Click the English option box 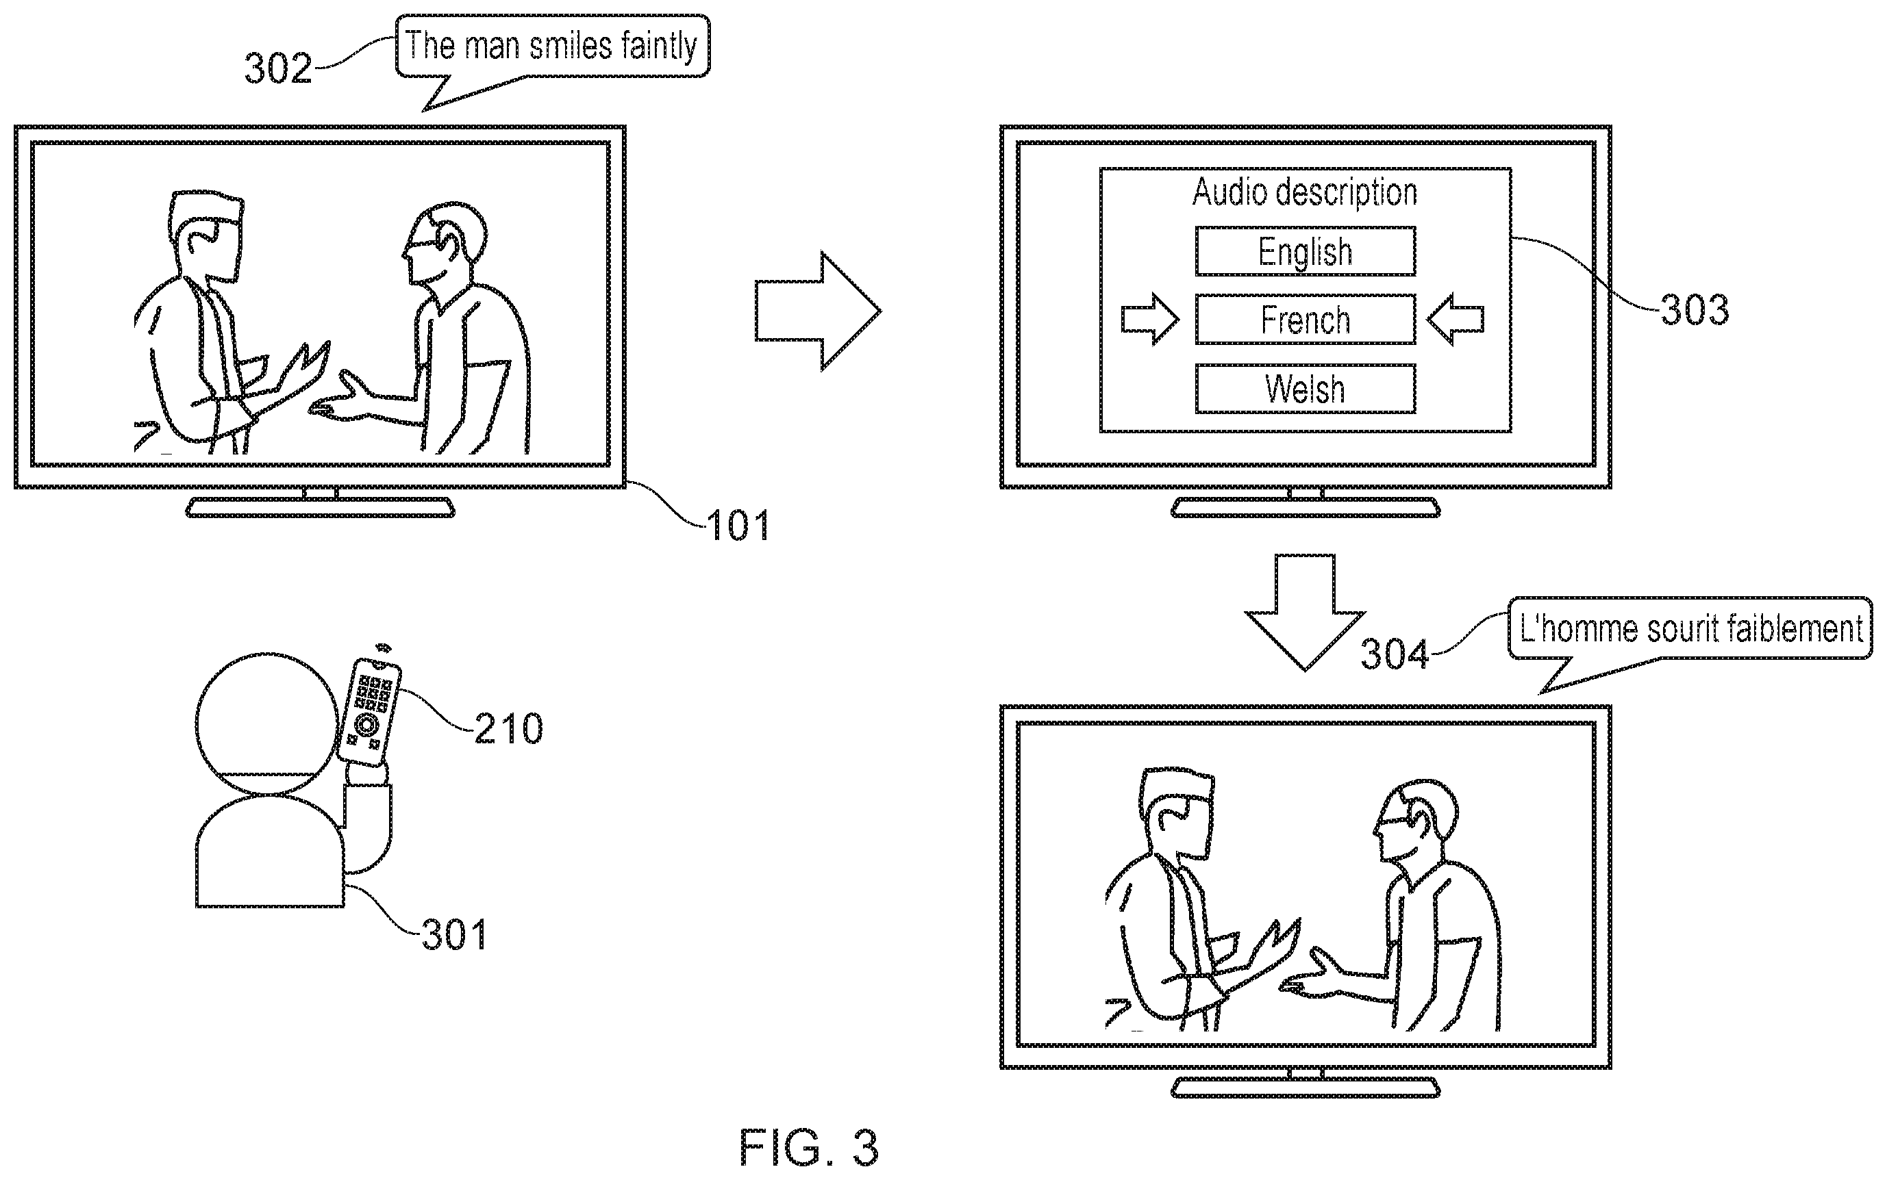pos(1305,251)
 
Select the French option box pos(1305,319)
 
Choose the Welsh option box pos(1305,389)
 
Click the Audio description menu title pos(1305,192)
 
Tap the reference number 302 pos(278,68)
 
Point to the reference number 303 pos(1694,311)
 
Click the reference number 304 pos(1395,654)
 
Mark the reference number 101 pos(738,526)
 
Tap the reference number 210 pos(508,729)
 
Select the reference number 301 pos(454,934)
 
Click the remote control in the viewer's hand pos(369,711)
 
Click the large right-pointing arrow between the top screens pos(817,311)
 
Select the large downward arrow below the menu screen pos(1305,613)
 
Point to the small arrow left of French pos(1150,319)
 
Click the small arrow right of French pos(1455,319)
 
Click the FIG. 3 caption pos(809,1147)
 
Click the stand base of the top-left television pos(320,508)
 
